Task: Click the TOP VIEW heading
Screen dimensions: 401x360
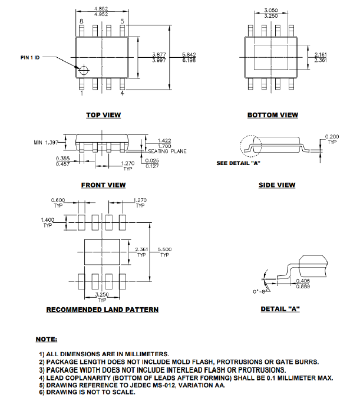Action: (x=103, y=115)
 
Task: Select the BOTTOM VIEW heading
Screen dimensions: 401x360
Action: (x=272, y=115)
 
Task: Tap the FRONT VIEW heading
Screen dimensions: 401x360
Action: (x=103, y=185)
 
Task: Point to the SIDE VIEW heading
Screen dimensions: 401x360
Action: (x=277, y=185)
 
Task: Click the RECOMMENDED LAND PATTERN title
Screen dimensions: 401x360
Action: (x=103, y=310)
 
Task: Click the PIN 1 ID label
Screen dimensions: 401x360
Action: (x=30, y=58)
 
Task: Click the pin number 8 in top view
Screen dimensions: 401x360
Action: (x=82, y=21)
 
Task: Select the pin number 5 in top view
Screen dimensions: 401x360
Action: (x=122, y=21)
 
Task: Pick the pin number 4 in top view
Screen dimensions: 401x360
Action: (x=122, y=93)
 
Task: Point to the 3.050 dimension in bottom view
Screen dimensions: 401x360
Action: (x=271, y=11)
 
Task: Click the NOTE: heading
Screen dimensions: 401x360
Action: (x=47, y=340)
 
